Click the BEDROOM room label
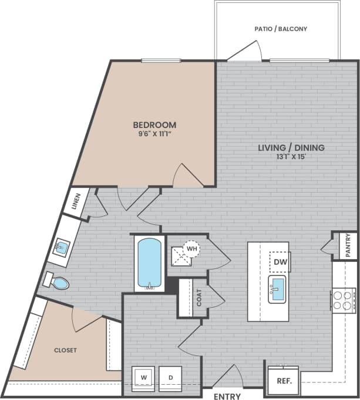coord(154,125)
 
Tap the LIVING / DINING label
coord(291,147)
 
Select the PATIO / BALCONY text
coord(281,29)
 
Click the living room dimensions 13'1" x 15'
coord(291,157)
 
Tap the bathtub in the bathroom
coord(149,263)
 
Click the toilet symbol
coord(57,283)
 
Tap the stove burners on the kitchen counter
coord(344,300)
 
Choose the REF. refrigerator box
coord(284,380)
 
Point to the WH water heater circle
coord(191,248)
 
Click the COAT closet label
coord(198,298)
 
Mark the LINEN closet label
coord(76,201)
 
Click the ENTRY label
coord(227,396)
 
